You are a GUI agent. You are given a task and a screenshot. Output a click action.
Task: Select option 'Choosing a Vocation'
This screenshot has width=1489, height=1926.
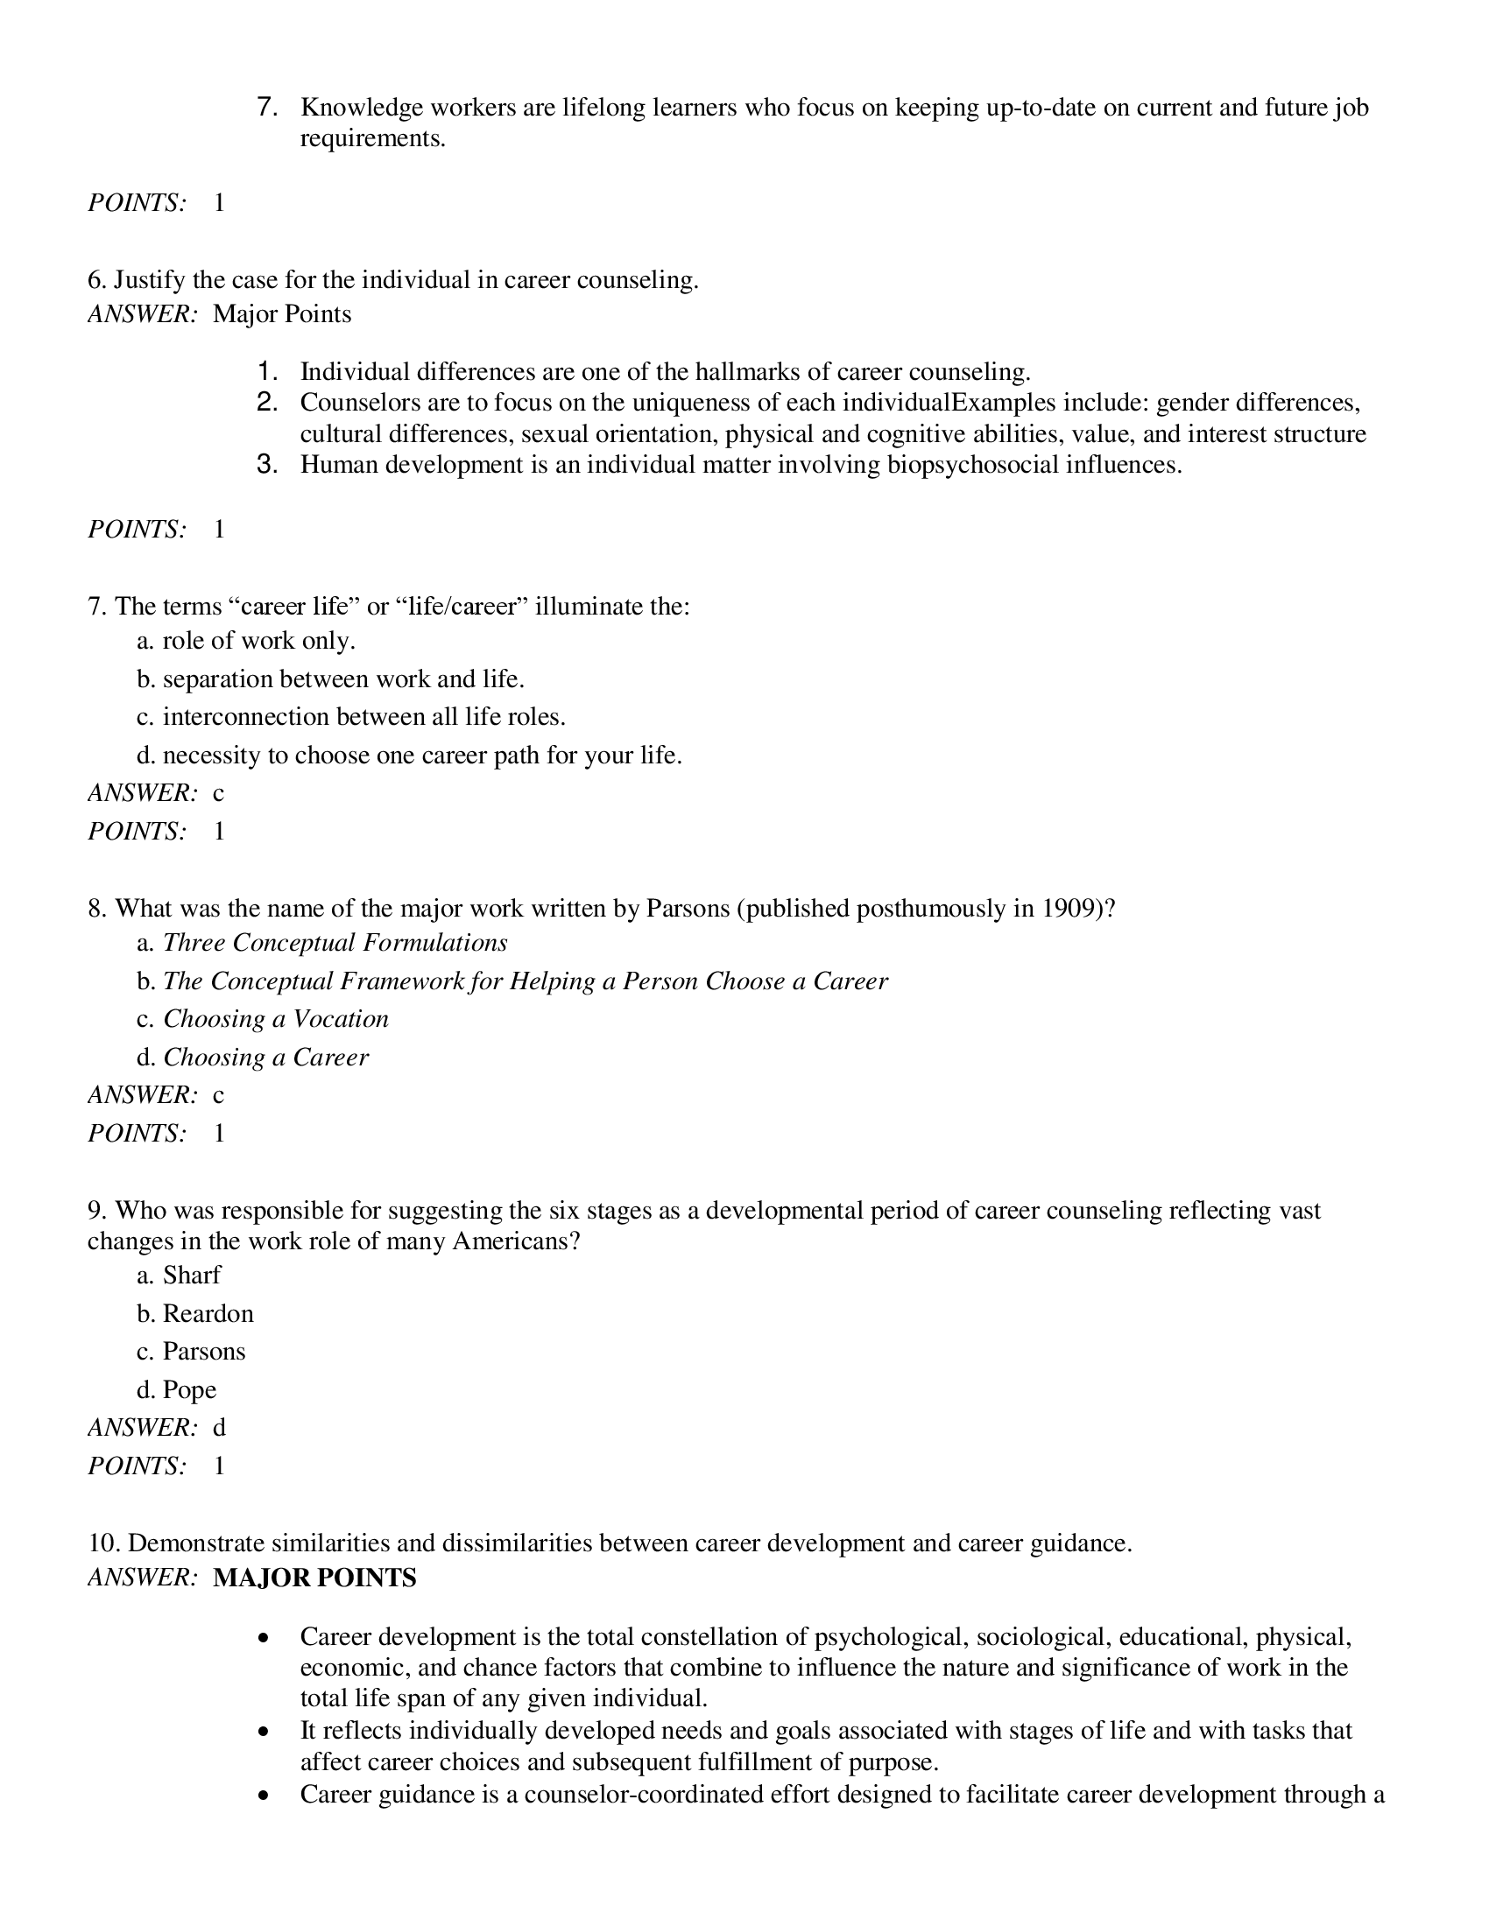click(275, 1018)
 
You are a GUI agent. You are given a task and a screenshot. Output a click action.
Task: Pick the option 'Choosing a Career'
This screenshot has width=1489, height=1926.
click(265, 1057)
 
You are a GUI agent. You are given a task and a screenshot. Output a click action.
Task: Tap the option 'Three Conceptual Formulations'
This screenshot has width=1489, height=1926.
click(335, 943)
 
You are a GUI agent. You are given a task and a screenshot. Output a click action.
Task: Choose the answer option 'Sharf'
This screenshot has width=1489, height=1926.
click(192, 1276)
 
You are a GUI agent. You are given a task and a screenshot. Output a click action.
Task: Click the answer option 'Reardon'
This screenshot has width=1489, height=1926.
click(208, 1313)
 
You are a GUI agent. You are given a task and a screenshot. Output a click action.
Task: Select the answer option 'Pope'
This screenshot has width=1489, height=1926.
click(189, 1389)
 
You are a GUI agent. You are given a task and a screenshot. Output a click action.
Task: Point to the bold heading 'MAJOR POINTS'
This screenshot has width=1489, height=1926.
click(314, 1577)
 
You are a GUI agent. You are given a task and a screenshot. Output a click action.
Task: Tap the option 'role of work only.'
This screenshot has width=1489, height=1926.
click(258, 640)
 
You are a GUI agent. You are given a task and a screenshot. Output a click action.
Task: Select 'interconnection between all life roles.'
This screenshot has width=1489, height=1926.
click(363, 716)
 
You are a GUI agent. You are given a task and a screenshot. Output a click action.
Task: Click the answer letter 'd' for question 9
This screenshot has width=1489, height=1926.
click(220, 1427)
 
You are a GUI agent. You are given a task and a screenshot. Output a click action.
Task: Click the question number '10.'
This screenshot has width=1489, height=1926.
click(104, 1543)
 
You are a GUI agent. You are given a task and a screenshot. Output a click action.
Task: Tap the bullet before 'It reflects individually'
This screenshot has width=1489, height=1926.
click(264, 1731)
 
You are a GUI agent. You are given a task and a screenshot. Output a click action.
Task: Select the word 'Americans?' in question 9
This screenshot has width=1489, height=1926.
click(516, 1241)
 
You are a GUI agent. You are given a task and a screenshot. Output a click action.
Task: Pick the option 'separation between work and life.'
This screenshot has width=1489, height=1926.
click(343, 678)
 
